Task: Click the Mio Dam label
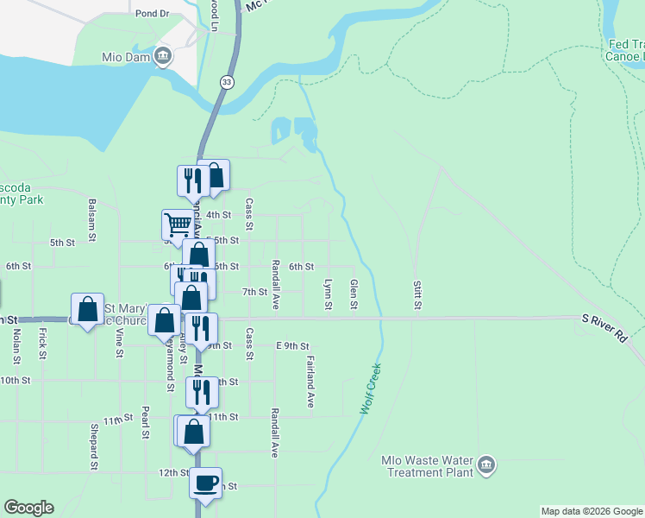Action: pyautogui.click(x=128, y=58)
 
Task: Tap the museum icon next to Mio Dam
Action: pyautogui.click(x=162, y=58)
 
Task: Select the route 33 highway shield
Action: pyautogui.click(x=226, y=81)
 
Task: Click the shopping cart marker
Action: pyautogui.click(x=178, y=224)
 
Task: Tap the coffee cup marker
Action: pyautogui.click(x=206, y=482)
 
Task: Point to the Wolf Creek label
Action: pyautogui.click(x=371, y=388)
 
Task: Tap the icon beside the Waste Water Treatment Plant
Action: pyautogui.click(x=486, y=466)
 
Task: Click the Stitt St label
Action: pyautogui.click(x=416, y=294)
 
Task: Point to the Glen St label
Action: pyautogui.click(x=354, y=294)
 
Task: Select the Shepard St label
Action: pyautogui.click(x=93, y=445)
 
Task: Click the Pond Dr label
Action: pyautogui.click(x=153, y=14)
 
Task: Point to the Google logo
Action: pyautogui.click(x=28, y=508)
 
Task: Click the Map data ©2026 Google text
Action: pyautogui.click(x=592, y=511)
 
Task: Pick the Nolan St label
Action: pyautogui.click(x=16, y=346)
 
